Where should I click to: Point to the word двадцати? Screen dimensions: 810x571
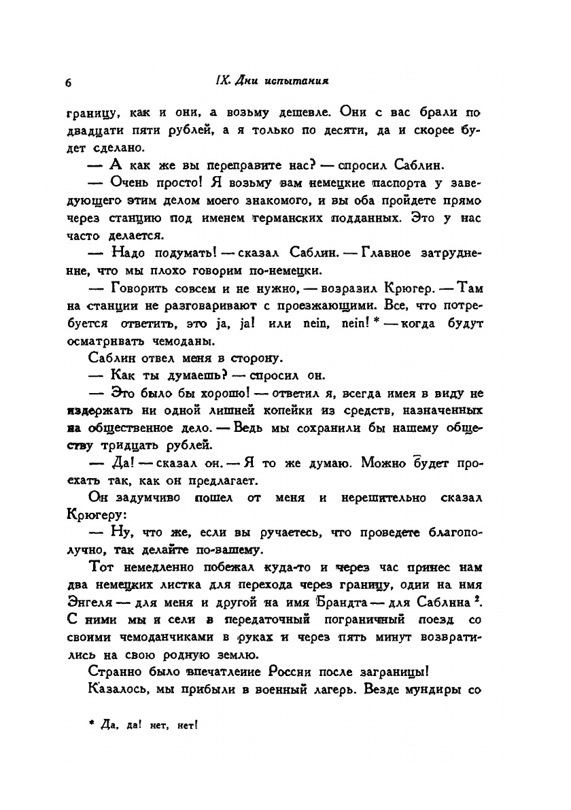coord(93,131)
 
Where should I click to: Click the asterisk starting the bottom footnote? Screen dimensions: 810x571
coord(91,724)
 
